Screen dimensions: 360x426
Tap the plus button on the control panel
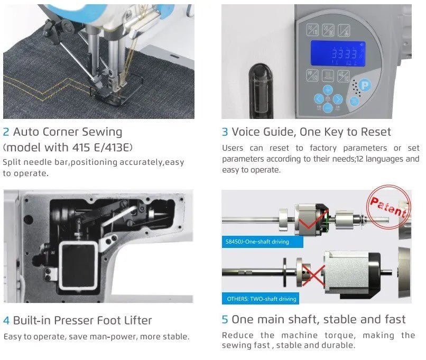pos(328,89)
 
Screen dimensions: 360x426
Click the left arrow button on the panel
pos(319,99)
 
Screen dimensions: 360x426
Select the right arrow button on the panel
pos(338,99)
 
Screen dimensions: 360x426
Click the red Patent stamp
pos(388,207)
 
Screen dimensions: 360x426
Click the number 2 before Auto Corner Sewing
pos(6,132)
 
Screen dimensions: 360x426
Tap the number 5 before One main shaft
pos(225,319)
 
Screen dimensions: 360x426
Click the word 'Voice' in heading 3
pos(248,132)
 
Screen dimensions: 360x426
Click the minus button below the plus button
pos(328,108)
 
